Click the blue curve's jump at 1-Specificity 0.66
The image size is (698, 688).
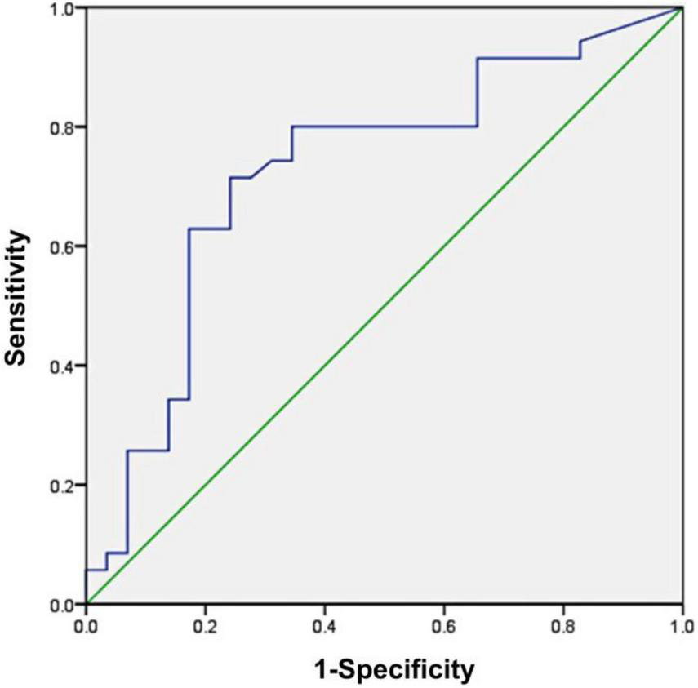coord(477,92)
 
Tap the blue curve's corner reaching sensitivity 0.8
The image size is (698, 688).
coord(292,127)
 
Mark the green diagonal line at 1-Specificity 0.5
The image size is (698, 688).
coord(384,306)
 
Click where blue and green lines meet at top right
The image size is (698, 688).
coord(682,8)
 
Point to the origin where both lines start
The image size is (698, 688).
coord(86,604)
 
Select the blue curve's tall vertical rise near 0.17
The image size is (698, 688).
coord(189,314)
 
